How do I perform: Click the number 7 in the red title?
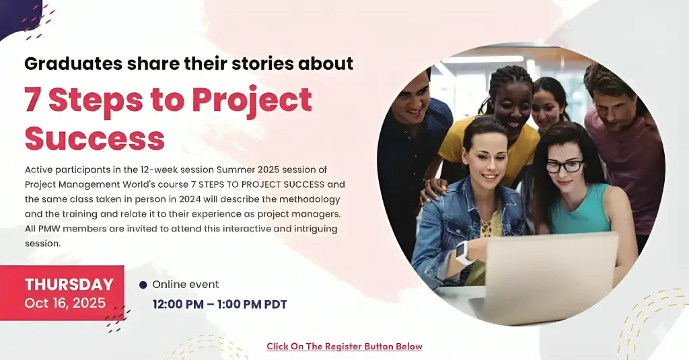click(x=32, y=100)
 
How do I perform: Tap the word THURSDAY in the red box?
click(x=69, y=285)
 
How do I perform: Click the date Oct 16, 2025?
click(x=65, y=303)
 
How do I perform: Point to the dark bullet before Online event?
click(x=143, y=285)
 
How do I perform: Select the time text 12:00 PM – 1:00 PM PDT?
click(x=219, y=305)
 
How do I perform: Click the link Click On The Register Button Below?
click(x=344, y=347)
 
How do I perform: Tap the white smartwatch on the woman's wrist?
click(x=462, y=252)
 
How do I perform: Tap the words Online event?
click(x=186, y=285)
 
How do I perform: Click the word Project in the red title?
click(x=252, y=100)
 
